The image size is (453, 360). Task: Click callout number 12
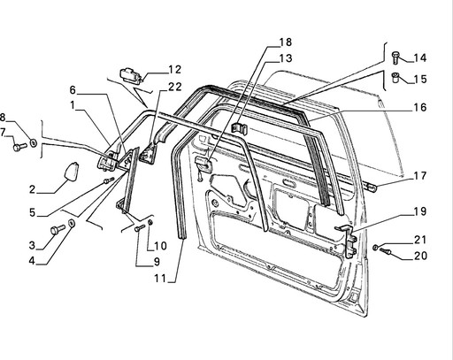point(174,70)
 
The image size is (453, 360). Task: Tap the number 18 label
point(285,42)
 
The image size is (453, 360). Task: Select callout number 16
point(420,107)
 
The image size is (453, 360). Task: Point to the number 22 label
point(175,87)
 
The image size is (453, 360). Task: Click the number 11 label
point(160,278)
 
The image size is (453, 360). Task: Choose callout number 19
point(420,211)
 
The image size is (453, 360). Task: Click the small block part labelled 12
point(131,75)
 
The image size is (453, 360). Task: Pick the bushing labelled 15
point(395,78)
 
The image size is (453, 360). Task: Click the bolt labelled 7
point(19,147)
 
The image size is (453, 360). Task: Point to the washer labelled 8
point(34,143)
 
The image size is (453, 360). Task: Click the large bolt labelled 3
point(58,229)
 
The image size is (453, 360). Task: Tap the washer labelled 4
point(72,223)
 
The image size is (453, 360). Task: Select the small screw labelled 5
point(109,180)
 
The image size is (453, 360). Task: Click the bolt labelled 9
point(140,228)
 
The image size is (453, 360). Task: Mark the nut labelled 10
point(150,222)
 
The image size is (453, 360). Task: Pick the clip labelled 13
point(240,128)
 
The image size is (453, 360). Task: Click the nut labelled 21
point(376,247)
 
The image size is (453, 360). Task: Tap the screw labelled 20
point(385,251)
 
